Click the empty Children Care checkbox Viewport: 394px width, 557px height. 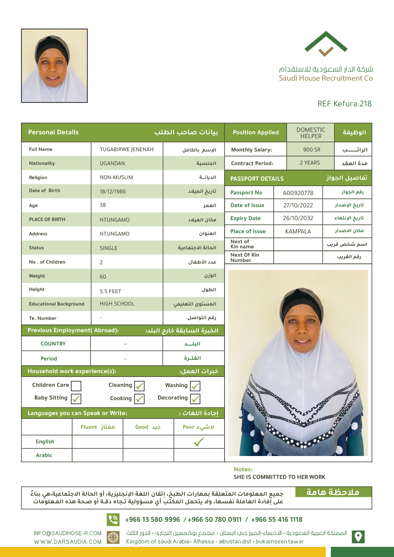76,386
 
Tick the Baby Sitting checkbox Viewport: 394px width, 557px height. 76,399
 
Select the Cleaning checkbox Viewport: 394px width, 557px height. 139,386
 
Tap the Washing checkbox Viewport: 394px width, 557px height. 195,386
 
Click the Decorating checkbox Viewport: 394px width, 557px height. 195,399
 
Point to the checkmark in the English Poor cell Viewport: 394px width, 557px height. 199,442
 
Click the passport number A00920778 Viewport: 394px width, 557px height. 298,193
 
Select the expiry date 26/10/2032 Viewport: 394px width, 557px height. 298,218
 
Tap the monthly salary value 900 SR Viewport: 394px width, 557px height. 311,150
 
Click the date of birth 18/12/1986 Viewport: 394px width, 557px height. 113,191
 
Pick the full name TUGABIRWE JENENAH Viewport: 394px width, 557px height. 126,149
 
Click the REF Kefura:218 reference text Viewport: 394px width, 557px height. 344,104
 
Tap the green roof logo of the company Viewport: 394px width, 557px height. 326,43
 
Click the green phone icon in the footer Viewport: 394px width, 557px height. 113,520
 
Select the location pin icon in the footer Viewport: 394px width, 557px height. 358,537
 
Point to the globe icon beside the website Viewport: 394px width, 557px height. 113,537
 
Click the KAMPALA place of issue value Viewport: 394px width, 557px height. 298,231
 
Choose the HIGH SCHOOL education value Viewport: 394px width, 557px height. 117,304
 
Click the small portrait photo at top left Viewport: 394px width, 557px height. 54,66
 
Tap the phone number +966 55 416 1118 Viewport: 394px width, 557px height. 277,520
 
